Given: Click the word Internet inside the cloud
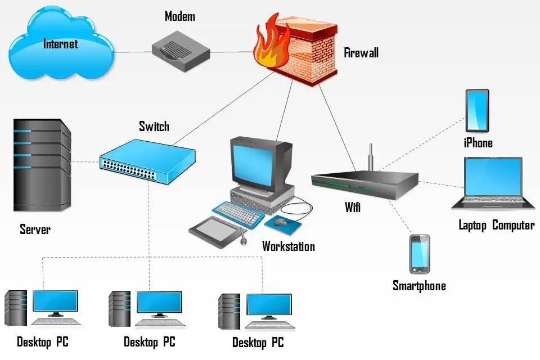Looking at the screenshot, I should pyautogui.click(x=60, y=43).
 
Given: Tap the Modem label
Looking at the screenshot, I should pyautogui.click(x=179, y=16).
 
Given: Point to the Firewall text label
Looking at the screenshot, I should pyautogui.click(x=361, y=53).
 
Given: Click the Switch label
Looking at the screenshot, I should pyautogui.click(x=154, y=126).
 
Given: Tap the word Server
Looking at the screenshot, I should pyautogui.click(x=35, y=229).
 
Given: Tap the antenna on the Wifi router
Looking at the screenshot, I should pyautogui.click(x=371, y=157).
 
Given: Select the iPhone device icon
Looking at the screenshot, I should pyautogui.click(x=477, y=111).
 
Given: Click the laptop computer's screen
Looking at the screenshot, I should pyautogui.click(x=493, y=178).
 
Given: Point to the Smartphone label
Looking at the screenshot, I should pyautogui.click(x=419, y=286).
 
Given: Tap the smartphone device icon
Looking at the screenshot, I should pyautogui.click(x=419, y=254).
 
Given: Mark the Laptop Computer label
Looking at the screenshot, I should pyautogui.click(x=496, y=226).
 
